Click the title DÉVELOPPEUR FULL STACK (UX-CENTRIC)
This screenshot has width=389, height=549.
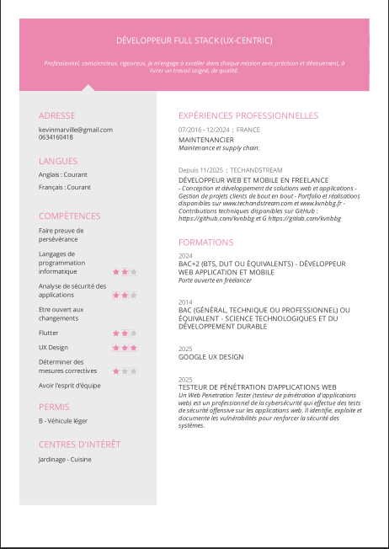pyautogui.click(x=194, y=40)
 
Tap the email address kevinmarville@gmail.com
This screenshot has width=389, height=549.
pyautogui.click(x=75, y=129)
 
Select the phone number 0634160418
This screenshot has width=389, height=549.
pyautogui.click(x=56, y=136)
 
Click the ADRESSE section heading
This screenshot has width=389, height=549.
pyautogui.click(x=56, y=115)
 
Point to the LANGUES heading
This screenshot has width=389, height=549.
pyautogui.click(x=58, y=161)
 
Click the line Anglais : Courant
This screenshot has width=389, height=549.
pyautogui.click(x=64, y=174)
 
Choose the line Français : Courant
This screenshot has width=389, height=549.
pyautogui.click(x=65, y=187)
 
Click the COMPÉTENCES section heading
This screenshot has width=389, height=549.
pyautogui.click(x=69, y=216)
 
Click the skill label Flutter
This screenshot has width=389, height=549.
pyautogui.click(x=49, y=333)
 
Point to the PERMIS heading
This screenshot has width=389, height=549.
pyautogui.click(x=54, y=407)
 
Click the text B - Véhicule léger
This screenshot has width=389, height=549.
pyautogui.click(x=62, y=420)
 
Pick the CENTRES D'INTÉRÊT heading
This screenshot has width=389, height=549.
pyautogui.click(x=79, y=444)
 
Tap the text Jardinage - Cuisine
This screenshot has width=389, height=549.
pyautogui.click(x=65, y=459)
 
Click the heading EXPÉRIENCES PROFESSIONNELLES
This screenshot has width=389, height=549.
pyautogui.click(x=248, y=115)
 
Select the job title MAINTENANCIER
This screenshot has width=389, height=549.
pyautogui.click(x=206, y=139)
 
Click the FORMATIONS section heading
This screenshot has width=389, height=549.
pyautogui.click(x=206, y=242)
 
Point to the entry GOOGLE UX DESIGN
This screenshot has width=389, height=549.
pyautogui.click(x=210, y=357)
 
